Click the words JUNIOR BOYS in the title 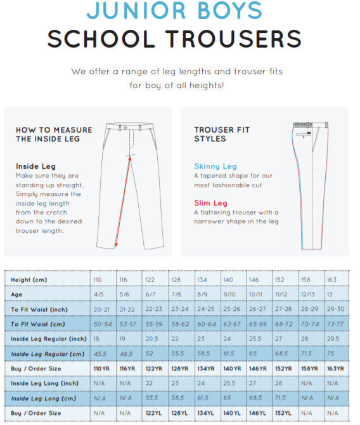[174, 10]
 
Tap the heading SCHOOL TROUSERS [174, 39]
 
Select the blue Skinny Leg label [215, 166]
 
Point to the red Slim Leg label [210, 203]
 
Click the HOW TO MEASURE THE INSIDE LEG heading [54, 134]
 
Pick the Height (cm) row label [29, 280]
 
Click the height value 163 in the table [331, 280]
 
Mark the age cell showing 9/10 [230, 294]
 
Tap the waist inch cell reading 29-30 [335, 309]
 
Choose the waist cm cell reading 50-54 [102, 324]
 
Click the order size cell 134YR [206, 369]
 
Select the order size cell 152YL [283, 413]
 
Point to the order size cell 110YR [103, 369]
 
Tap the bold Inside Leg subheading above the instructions [35, 166]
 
